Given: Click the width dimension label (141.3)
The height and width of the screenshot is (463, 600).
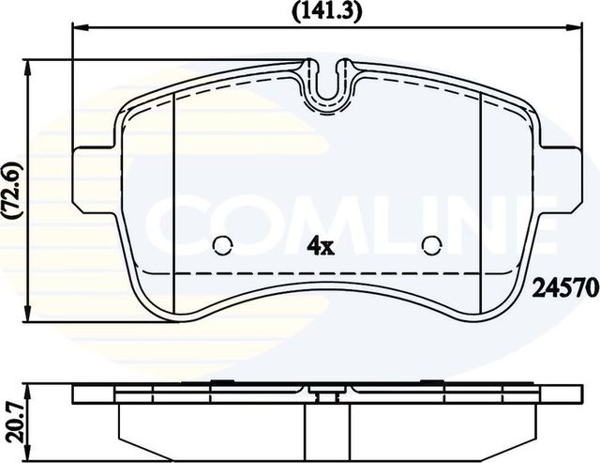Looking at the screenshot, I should click(x=326, y=11).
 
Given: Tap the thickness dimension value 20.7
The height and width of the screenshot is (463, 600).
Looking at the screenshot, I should click(x=11, y=413).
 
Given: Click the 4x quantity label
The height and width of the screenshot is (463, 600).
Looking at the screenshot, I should click(x=322, y=247).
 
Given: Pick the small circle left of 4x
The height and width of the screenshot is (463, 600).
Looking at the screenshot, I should click(x=223, y=246).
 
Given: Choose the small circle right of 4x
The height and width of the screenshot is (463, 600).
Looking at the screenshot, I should click(x=431, y=246).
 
